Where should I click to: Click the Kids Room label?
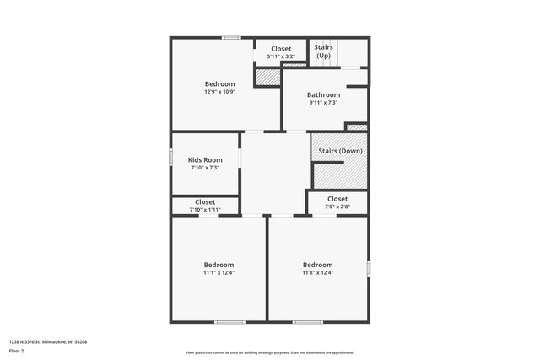click(205, 159)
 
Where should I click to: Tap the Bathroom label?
click(323, 94)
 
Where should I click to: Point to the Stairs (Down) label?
click(341, 151)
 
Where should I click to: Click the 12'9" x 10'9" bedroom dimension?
click(219, 92)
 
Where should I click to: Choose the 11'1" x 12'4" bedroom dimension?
click(219, 272)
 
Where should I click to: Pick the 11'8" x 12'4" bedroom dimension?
click(317, 272)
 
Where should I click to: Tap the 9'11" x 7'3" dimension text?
click(323, 103)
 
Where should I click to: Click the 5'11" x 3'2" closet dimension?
click(281, 56)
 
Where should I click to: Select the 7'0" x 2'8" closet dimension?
click(337, 207)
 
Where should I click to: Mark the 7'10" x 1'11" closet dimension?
click(205, 210)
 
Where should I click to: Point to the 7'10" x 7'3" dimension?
click(205, 168)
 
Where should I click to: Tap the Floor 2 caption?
click(17, 350)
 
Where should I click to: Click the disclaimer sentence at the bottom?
click(270, 352)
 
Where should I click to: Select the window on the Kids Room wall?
click(170, 157)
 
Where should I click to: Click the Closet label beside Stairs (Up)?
click(281, 49)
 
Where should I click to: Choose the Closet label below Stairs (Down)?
click(337, 199)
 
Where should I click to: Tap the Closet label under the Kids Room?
click(205, 202)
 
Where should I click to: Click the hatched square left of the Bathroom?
click(267, 77)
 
